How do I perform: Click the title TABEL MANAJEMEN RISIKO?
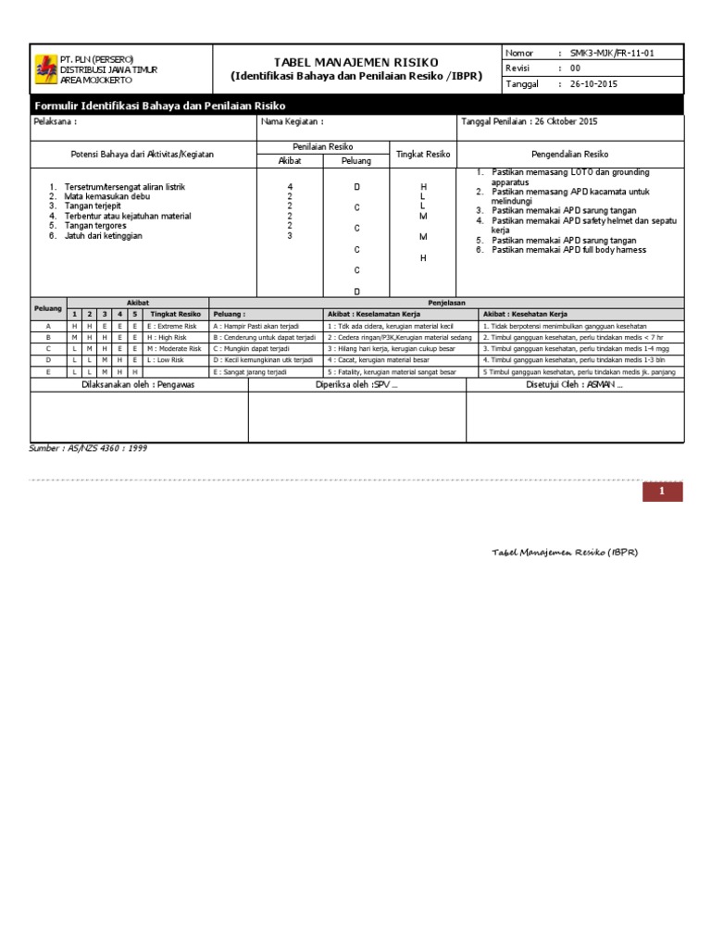[x=356, y=61]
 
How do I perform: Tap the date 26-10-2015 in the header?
[x=594, y=83]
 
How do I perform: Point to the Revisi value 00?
[x=575, y=69]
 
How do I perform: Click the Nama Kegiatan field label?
[x=293, y=122]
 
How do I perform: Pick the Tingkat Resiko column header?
[x=422, y=154]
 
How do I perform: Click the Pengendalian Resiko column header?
[x=569, y=154]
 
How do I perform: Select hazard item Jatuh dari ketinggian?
[x=104, y=235]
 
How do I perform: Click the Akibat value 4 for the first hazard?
[x=290, y=187]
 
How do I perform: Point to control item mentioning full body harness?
[x=568, y=250]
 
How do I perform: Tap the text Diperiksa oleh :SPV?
[x=356, y=384]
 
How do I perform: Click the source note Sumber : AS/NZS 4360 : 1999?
[x=88, y=448]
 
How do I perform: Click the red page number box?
[x=662, y=493]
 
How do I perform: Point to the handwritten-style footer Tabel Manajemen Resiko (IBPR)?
[x=565, y=552]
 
